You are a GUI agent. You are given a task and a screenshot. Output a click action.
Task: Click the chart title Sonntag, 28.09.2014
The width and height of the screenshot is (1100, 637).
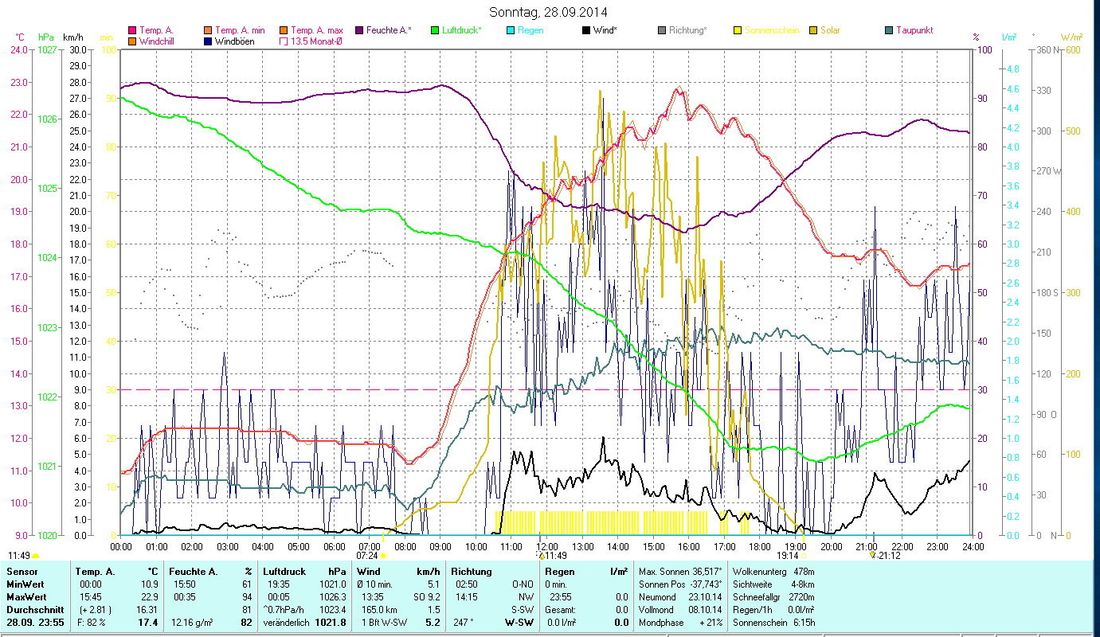[549, 12]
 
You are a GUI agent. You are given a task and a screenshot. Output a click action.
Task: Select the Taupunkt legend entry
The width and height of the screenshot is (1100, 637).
[914, 30]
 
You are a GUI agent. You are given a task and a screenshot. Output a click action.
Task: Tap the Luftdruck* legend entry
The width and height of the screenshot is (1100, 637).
[462, 30]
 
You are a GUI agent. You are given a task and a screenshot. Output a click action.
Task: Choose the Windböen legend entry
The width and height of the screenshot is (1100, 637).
[235, 41]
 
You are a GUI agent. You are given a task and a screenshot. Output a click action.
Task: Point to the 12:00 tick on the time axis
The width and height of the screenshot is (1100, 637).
[547, 546]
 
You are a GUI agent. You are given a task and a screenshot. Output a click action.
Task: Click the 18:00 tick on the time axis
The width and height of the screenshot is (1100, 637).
[761, 546]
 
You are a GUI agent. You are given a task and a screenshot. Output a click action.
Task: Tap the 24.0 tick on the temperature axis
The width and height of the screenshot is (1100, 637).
[19, 49]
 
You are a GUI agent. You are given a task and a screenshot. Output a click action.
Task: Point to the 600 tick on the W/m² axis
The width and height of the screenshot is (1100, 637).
[1072, 49]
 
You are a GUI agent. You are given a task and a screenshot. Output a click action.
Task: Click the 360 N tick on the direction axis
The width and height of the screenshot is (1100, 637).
[1049, 49]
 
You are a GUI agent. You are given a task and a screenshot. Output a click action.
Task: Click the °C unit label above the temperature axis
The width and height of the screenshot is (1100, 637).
[20, 37]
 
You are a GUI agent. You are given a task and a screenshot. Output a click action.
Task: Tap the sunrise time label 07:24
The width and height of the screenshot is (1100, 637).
[367, 555]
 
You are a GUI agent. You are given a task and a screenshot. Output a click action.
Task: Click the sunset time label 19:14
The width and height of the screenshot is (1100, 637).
[788, 555]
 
